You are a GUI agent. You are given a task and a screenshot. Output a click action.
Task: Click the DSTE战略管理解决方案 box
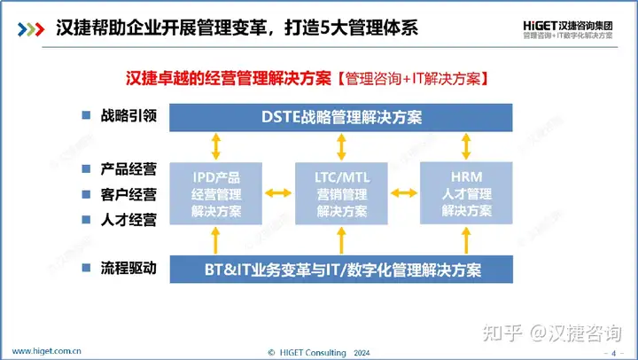coord(341,117)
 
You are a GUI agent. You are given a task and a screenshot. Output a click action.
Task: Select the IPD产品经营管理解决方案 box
coord(216,191)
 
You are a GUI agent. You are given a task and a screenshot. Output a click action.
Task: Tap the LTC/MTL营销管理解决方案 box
coord(341,191)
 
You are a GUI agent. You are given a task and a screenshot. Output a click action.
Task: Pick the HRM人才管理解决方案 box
coord(467,191)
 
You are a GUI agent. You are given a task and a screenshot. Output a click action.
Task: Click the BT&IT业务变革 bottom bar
coord(341,268)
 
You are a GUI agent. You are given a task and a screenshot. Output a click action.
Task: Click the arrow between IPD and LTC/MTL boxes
coord(278,191)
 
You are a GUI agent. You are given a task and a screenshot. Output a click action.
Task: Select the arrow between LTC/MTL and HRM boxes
coord(403,191)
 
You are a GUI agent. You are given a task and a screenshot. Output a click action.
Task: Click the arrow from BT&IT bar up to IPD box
coord(216,239)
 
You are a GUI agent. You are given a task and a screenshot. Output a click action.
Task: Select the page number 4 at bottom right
coord(613,351)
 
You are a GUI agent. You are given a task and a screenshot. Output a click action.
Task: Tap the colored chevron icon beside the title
coord(29,28)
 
